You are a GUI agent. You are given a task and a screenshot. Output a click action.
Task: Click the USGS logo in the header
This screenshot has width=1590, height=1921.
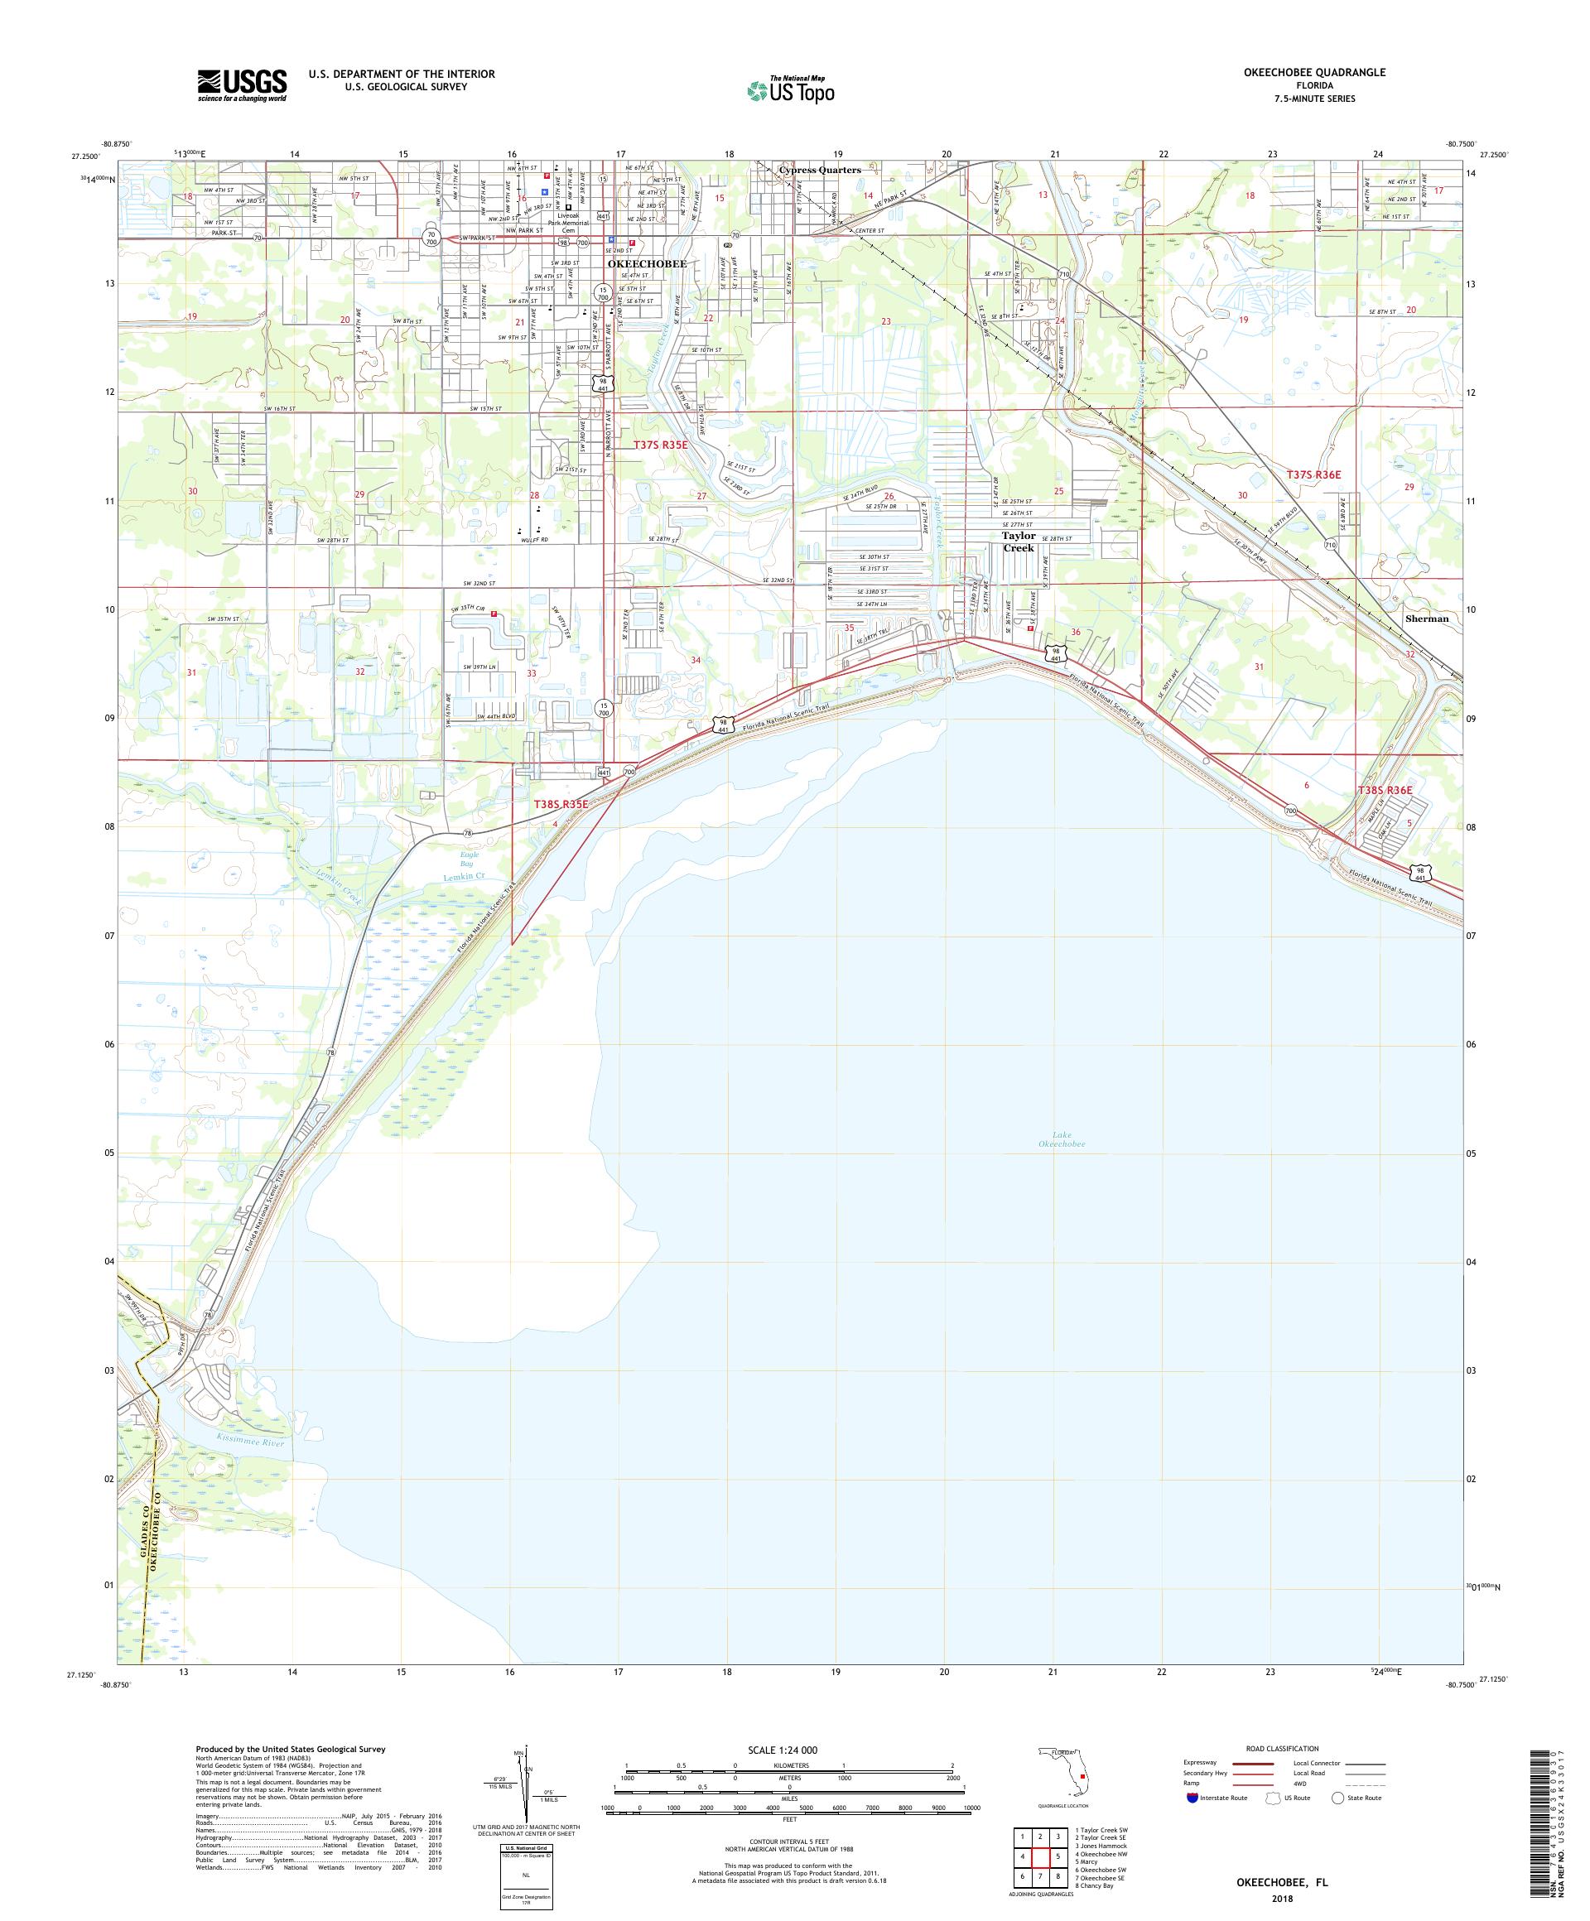[x=242, y=85]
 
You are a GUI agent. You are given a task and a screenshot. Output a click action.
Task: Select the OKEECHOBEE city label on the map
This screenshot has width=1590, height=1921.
[x=647, y=263]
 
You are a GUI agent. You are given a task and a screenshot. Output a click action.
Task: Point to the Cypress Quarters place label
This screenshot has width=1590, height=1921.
[x=819, y=170]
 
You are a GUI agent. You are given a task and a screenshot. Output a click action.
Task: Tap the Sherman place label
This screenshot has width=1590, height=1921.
[x=1426, y=619]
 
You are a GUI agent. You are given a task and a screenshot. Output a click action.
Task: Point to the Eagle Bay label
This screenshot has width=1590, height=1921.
[x=468, y=859]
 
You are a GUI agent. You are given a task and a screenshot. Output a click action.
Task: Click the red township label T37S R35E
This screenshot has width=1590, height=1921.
[x=660, y=445]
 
